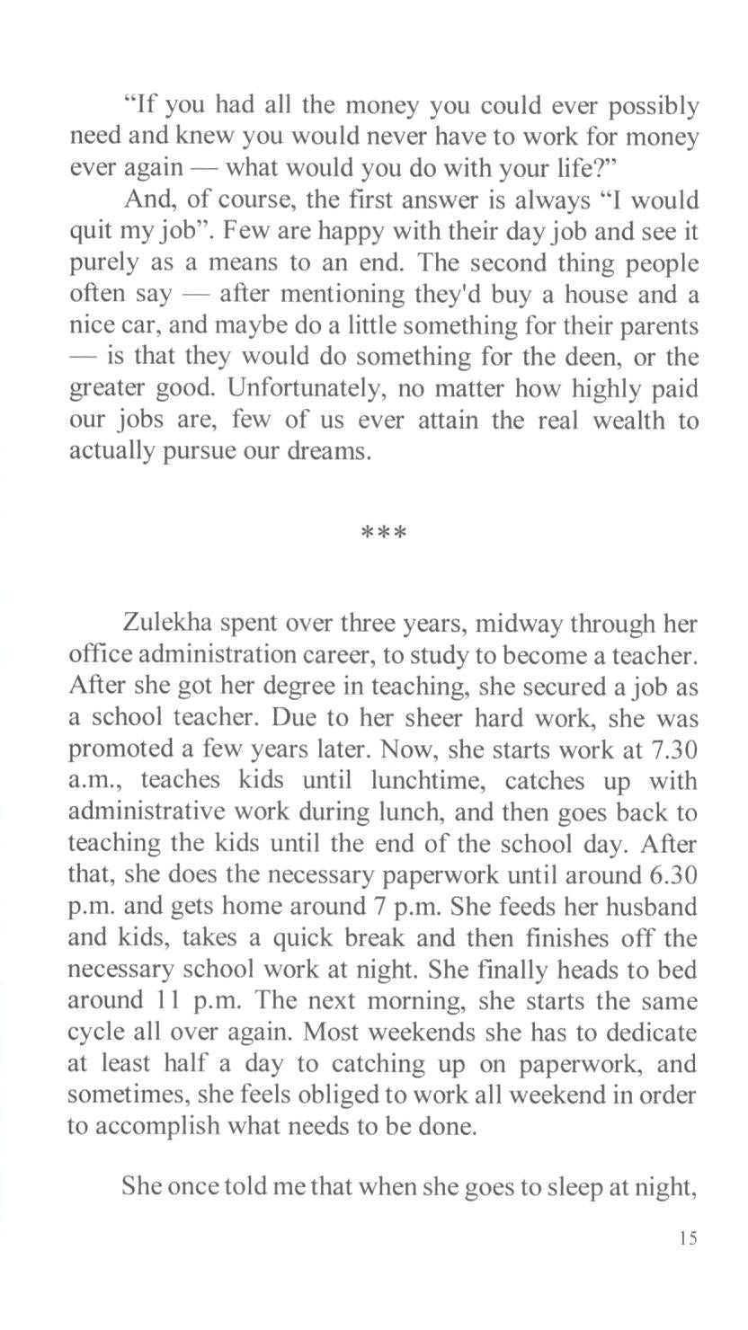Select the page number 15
[688, 1237]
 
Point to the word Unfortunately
[302, 388]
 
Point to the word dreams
[334, 451]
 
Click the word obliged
[361, 1095]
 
